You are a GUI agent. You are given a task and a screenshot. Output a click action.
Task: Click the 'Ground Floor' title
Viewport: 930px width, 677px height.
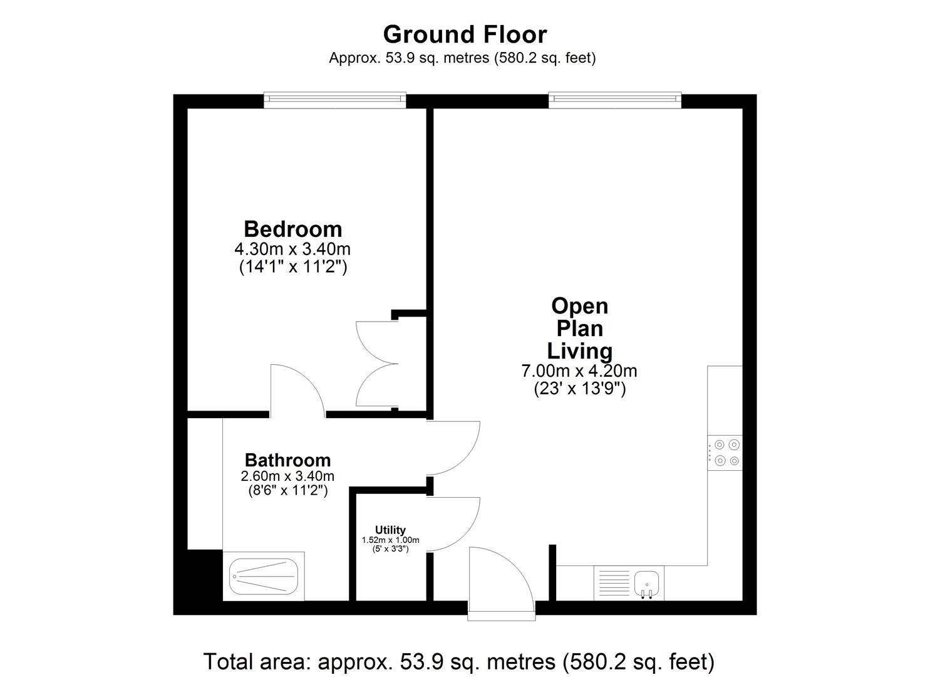465,34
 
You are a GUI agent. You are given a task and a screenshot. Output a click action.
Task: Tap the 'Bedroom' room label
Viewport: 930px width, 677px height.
292,229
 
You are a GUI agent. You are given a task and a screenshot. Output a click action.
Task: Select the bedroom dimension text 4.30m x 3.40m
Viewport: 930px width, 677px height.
292,249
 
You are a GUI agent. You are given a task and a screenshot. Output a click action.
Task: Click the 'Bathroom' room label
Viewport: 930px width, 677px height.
287,460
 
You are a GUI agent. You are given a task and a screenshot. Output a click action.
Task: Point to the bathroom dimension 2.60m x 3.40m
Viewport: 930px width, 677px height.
287,476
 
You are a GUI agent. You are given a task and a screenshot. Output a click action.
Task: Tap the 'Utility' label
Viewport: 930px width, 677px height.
390,530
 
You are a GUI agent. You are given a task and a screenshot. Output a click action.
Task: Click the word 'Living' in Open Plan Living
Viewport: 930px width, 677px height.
579,350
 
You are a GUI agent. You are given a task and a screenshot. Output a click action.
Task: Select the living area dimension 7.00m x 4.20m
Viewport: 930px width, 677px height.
579,371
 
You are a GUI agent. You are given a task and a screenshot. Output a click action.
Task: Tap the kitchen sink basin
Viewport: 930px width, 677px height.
647,582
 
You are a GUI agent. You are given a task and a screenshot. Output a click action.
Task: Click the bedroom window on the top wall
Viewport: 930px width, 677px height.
334,99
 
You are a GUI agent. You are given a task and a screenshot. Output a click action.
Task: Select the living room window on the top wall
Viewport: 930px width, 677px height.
614,99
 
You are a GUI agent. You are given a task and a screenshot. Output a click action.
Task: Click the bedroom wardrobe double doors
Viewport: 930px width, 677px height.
376,364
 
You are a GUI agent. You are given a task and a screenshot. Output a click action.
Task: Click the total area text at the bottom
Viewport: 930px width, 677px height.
458,661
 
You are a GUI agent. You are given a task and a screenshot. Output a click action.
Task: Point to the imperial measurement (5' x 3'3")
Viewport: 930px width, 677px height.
390,548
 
